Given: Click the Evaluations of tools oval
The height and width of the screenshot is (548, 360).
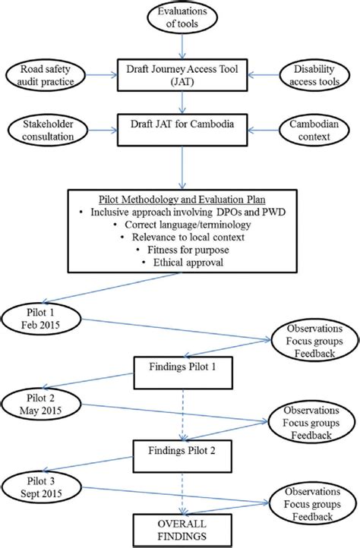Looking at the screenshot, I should [181, 19].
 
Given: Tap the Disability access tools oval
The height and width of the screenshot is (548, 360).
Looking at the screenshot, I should [314, 76].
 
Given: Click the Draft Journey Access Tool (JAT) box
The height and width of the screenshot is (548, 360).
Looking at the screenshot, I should [181, 77].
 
